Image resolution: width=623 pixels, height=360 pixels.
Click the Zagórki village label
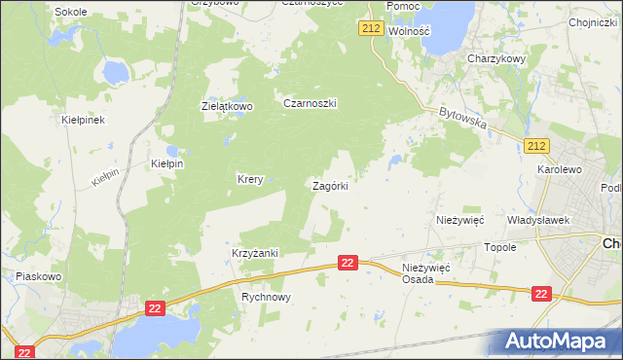pos(330,185)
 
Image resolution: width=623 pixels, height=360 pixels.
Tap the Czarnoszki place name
pos(310,103)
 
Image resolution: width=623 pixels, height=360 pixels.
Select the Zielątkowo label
pos(227,106)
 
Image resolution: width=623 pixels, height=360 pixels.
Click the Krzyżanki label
pos(255,253)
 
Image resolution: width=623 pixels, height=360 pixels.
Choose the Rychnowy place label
pos(266,298)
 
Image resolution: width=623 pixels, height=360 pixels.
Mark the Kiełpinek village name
pos(83,120)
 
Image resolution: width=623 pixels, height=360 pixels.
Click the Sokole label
pos(70,12)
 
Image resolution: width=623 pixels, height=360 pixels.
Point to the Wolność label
pos(409,31)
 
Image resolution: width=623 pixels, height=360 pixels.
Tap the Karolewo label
pos(559,169)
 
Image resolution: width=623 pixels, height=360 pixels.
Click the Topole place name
pos(500,247)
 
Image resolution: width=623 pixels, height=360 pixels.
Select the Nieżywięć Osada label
pos(425,272)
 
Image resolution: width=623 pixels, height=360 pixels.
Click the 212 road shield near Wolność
pos(370,29)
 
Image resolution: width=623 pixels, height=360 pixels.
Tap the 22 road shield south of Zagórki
pos(349,263)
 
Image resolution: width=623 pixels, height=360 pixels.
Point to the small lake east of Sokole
pos(115,72)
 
